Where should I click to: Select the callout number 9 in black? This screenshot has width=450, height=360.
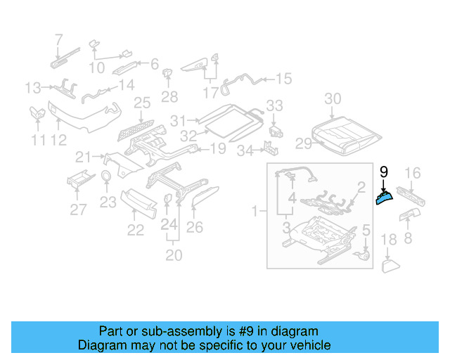pyautogui.click(x=383, y=172)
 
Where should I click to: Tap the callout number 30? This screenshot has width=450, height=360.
pyautogui.click(x=333, y=99)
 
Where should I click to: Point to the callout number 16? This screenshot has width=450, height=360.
pyautogui.click(x=413, y=172)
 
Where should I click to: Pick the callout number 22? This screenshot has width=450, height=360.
pyautogui.click(x=135, y=229)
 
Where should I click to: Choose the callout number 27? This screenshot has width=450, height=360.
pyautogui.click(x=77, y=208)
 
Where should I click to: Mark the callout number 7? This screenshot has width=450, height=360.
pyautogui.click(x=58, y=39)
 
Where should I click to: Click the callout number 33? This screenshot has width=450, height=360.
pyautogui.click(x=274, y=105)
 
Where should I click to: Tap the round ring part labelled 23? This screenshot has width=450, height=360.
pyautogui.click(x=105, y=176)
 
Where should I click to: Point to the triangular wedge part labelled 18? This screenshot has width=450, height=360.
pyautogui.click(x=390, y=265)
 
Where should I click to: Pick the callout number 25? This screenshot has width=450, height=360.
pyautogui.click(x=142, y=103)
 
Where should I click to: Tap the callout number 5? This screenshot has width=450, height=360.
pyautogui.click(x=366, y=230)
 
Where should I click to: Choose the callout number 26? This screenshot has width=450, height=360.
pyautogui.click(x=194, y=226)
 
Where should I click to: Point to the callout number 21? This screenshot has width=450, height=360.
pyautogui.click(x=84, y=156)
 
